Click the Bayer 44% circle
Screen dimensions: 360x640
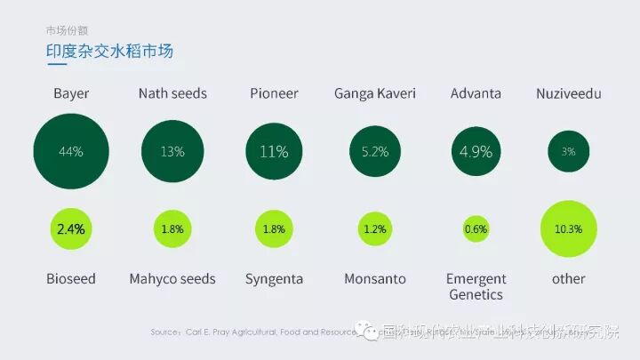(x=71, y=152)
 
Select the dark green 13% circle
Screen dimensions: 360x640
(x=172, y=152)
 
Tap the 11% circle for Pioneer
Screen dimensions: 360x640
(x=274, y=152)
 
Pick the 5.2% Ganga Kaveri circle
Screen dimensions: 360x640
(x=375, y=152)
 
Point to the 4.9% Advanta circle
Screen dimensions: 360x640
(x=476, y=152)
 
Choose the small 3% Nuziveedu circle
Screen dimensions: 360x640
(x=568, y=152)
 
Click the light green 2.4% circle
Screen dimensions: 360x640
(x=71, y=228)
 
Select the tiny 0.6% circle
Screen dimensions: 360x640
(x=476, y=229)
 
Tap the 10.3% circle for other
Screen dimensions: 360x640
(x=568, y=228)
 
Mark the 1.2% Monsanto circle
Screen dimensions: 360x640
(x=375, y=229)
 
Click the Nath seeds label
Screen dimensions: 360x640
(x=172, y=93)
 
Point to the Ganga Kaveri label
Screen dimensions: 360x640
(x=375, y=93)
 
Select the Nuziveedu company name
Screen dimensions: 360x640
(x=569, y=93)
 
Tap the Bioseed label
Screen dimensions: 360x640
(x=71, y=279)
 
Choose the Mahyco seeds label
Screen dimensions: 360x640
(x=172, y=279)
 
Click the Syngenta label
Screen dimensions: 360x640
(x=274, y=279)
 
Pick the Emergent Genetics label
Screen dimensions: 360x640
(x=476, y=286)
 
